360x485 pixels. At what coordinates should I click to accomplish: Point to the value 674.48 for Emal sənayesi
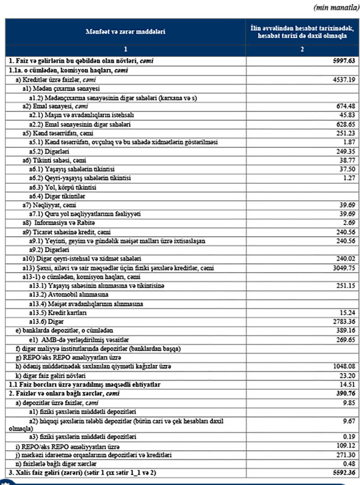pos(344,107)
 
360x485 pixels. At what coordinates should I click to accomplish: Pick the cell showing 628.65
pos(344,125)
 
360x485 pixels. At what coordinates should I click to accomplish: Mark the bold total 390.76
pos(344,392)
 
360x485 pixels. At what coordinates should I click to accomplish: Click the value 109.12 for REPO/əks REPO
pos(344,446)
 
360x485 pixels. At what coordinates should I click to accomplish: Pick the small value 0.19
pos(347,437)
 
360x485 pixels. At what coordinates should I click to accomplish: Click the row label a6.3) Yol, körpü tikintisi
pos(63,187)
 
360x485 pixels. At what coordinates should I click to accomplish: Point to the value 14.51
pos(345,383)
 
